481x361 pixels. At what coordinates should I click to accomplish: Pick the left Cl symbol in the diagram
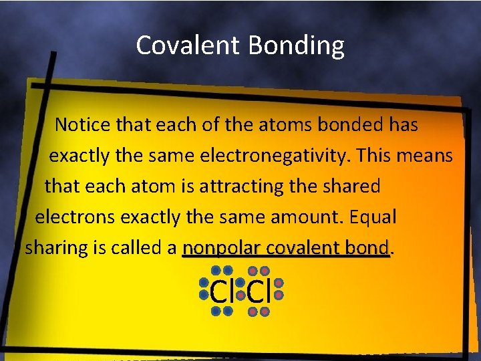[x=221, y=291]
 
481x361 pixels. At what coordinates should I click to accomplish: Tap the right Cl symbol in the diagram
[x=258, y=291]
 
